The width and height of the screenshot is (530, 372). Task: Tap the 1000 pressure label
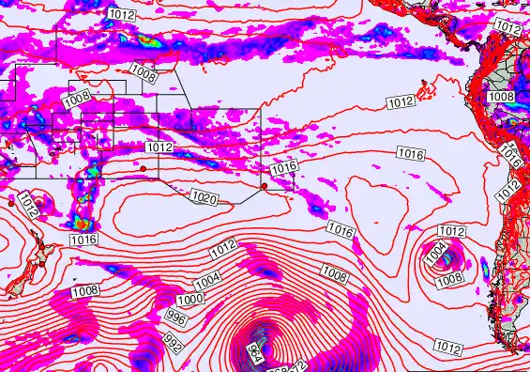point(190,299)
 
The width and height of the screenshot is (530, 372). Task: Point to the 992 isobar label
point(173,344)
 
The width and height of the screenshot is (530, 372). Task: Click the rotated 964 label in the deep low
point(253,354)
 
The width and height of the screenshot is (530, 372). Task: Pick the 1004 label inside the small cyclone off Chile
point(434,252)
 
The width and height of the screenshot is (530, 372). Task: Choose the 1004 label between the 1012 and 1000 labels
point(207,279)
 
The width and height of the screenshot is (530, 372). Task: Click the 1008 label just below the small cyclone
point(449,278)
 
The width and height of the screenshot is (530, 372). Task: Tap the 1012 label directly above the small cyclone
point(451,231)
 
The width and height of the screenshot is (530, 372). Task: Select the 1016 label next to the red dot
point(284,167)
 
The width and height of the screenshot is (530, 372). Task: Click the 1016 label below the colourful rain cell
point(83,240)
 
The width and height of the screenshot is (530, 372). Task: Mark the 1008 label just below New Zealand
point(84,290)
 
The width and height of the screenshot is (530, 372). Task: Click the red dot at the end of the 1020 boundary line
point(265,186)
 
